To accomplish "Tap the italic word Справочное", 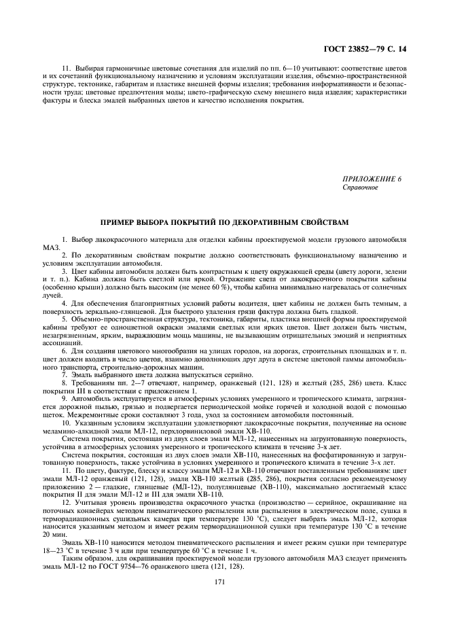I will click(360, 186).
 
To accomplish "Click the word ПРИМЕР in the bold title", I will click(120, 222).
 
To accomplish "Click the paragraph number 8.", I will click(64, 384).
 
